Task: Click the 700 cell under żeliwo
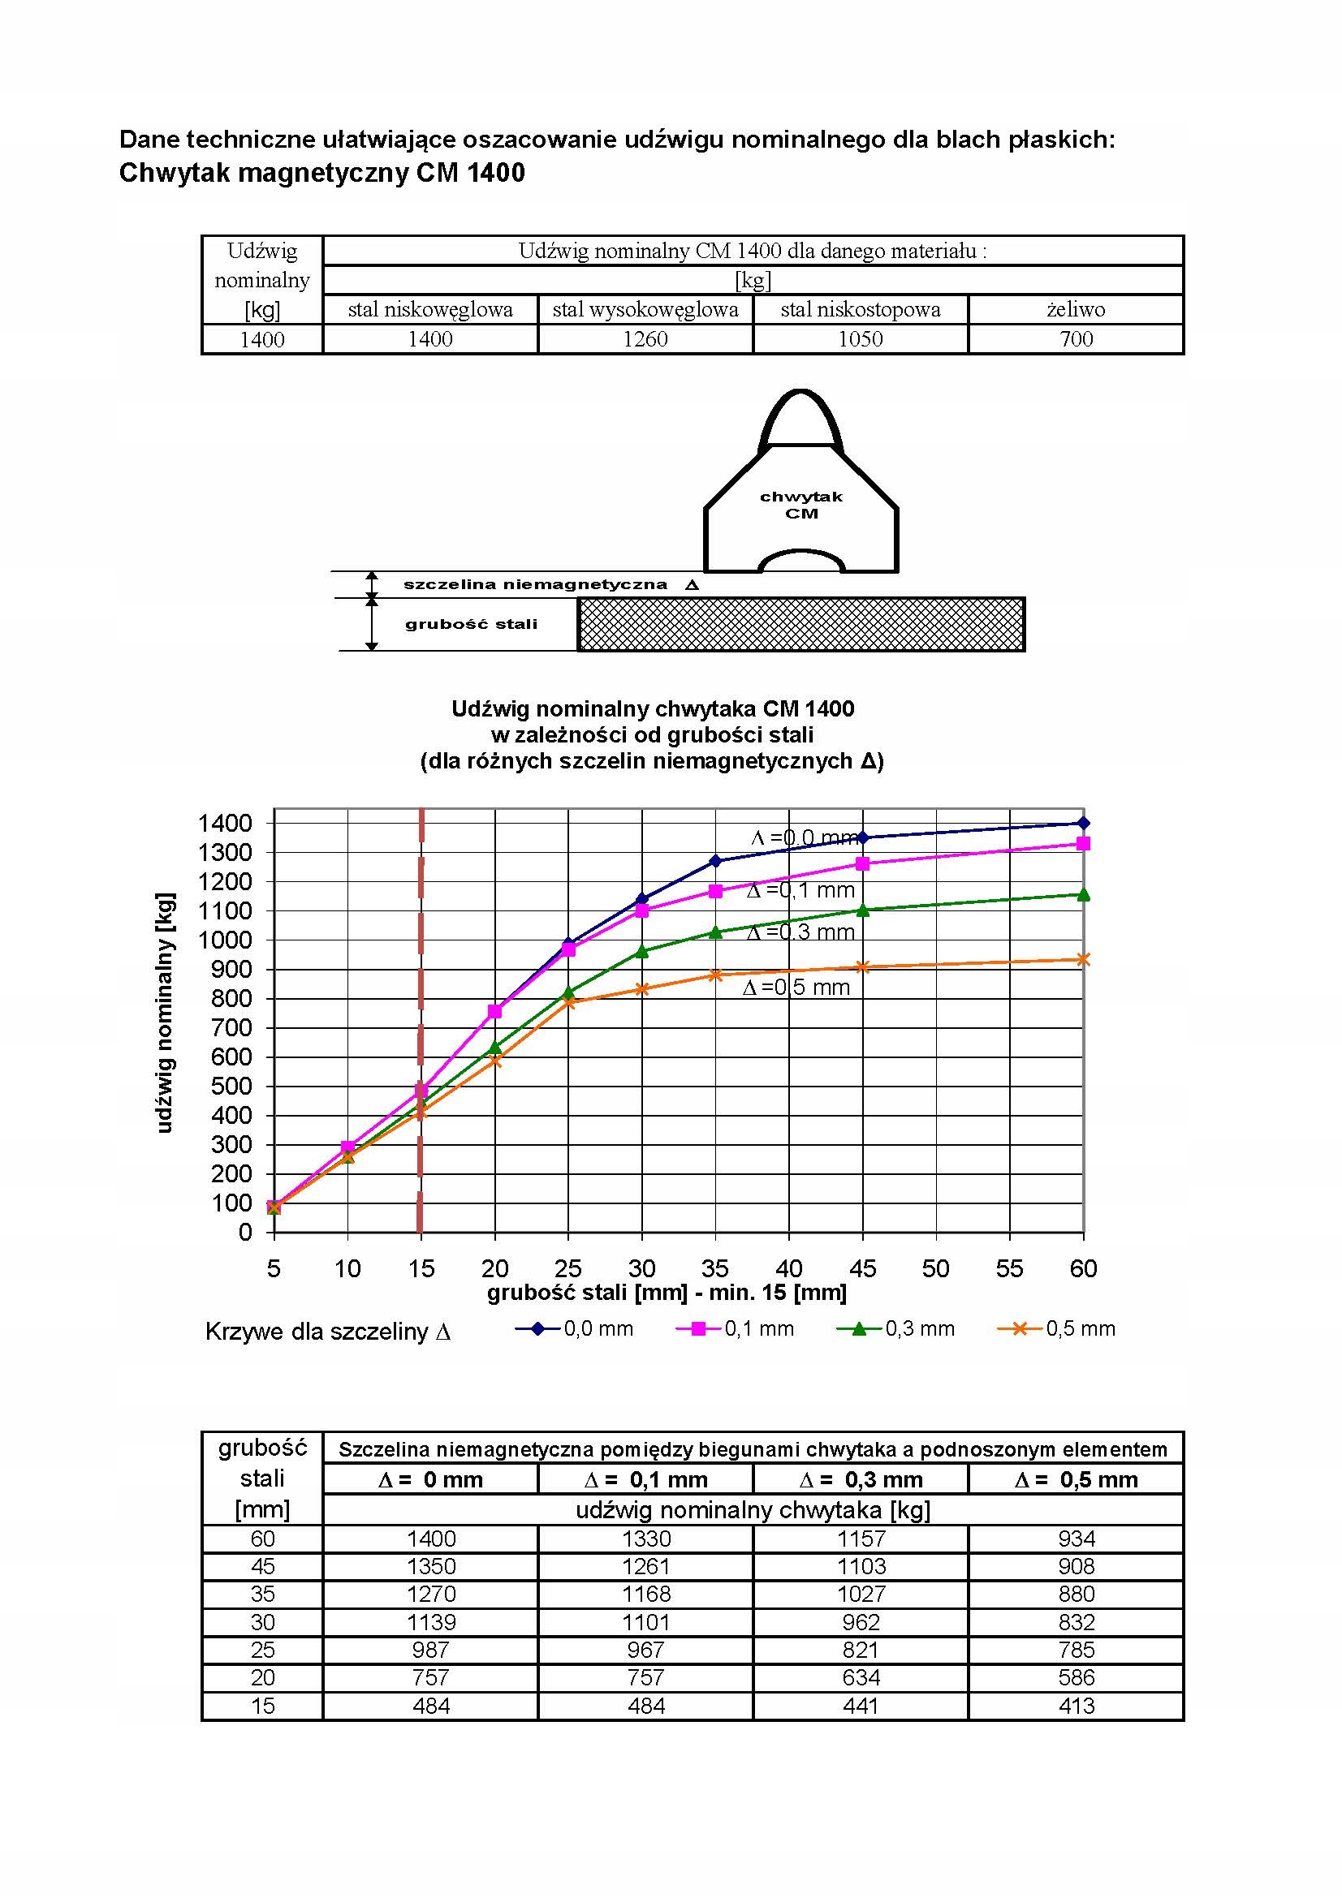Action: [x=1076, y=339]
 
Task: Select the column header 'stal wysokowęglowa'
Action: [x=645, y=310]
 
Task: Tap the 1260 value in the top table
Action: [x=645, y=339]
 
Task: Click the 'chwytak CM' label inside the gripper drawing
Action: [x=800, y=505]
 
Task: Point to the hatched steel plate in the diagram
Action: [x=800, y=624]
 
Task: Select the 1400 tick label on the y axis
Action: [x=224, y=824]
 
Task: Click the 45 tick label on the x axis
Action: [x=862, y=1269]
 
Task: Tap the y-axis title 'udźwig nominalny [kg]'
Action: [x=165, y=1012]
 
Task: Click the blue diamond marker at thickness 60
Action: [x=1083, y=823]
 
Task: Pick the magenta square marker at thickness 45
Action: [x=862, y=864]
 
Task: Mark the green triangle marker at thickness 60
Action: [x=1083, y=894]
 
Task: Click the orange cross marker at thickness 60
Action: [x=1083, y=960]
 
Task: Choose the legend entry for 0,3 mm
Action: [x=897, y=1328]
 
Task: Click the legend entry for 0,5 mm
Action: [x=1058, y=1328]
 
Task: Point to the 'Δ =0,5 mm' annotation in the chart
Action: [x=796, y=988]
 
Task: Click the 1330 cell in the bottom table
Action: [x=645, y=1539]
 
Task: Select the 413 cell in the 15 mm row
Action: [x=1076, y=1706]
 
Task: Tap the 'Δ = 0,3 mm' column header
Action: [x=860, y=1480]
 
